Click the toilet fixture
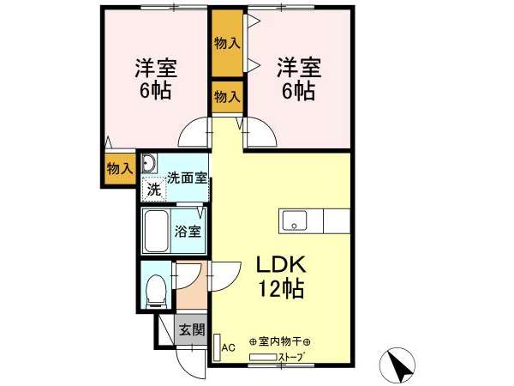coord(156,292)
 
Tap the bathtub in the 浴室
coord(157,232)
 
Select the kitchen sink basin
coord(295,220)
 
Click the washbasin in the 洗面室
coord(148,163)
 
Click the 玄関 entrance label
coord(191,329)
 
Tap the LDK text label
coord(281,265)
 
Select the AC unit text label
coord(228,347)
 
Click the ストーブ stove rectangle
coord(263,357)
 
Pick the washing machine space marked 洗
coord(154,190)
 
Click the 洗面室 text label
coord(187,178)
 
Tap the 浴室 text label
coord(187,232)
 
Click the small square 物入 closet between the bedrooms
coord(227,96)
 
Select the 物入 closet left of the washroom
coord(120,169)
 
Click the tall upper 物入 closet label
coord(227,44)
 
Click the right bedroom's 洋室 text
coord(299,68)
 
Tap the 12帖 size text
coord(281,288)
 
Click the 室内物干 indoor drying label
coord(279,341)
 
